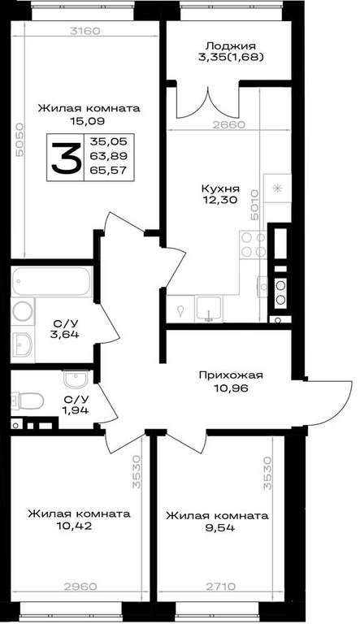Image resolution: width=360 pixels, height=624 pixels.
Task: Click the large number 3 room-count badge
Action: click(65, 158)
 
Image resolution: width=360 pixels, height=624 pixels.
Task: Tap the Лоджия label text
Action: click(228, 46)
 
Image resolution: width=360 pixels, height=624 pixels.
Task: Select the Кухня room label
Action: click(220, 188)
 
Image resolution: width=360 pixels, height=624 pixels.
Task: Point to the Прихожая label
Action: click(231, 375)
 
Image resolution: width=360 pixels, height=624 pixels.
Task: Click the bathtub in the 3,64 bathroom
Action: click(51, 281)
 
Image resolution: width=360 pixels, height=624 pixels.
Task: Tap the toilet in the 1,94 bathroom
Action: click(28, 401)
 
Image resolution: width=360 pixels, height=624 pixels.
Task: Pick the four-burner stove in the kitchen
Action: click(254, 245)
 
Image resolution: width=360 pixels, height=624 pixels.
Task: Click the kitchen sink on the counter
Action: click(209, 309)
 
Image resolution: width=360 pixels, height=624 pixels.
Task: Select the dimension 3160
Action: click(85, 31)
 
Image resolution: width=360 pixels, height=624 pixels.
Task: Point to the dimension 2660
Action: click(228, 124)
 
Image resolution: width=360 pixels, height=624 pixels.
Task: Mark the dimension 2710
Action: click(221, 587)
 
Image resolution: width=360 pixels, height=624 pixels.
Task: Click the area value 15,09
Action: click(87, 121)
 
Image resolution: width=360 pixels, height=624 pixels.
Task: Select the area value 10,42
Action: click(75, 526)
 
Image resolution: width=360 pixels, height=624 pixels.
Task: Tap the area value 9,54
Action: click(218, 528)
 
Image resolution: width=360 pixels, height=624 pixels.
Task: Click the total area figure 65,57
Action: click(108, 171)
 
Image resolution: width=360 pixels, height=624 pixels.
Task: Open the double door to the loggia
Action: click(208, 102)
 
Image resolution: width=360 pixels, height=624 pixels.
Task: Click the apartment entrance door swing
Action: click(328, 402)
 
